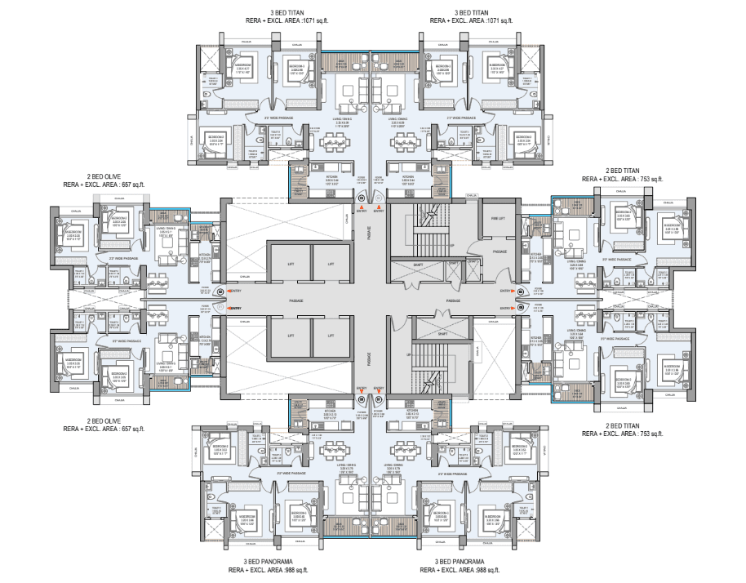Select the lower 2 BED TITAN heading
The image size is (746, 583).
pos(623,426)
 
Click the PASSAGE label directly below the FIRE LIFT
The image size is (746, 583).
pos(498,251)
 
